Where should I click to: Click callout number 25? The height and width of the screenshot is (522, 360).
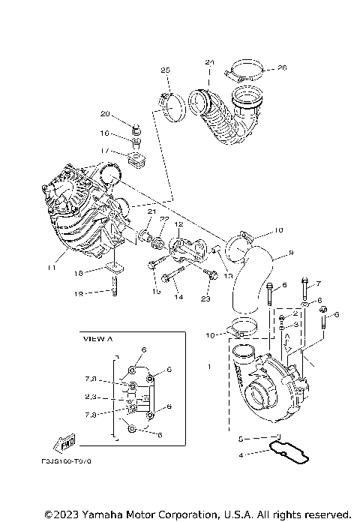165,70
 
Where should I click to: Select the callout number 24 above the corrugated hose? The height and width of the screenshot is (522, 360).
209,62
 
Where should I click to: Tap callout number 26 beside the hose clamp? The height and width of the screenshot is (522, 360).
282,67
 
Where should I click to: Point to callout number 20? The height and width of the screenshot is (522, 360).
105,114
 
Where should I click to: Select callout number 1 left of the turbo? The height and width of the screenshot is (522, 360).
210,367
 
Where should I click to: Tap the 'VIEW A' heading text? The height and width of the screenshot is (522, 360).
98,339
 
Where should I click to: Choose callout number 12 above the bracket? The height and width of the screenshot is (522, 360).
179,224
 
